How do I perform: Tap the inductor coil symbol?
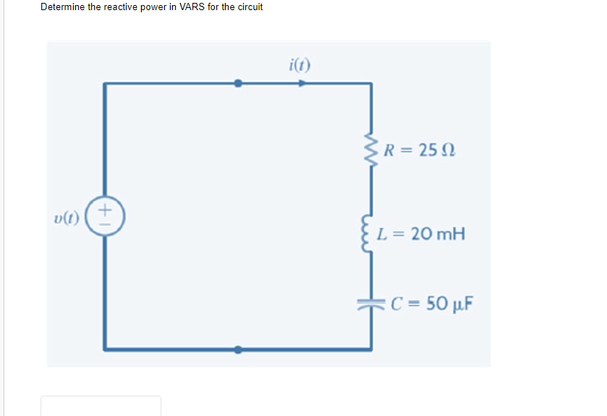[x=372, y=234]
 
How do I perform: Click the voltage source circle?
[x=106, y=215]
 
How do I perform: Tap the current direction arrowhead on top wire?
[x=302, y=83]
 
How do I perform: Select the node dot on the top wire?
[x=239, y=83]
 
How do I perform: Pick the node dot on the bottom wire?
[x=239, y=349]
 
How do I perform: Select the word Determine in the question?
[x=62, y=7]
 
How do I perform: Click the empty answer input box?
[x=101, y=407]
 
